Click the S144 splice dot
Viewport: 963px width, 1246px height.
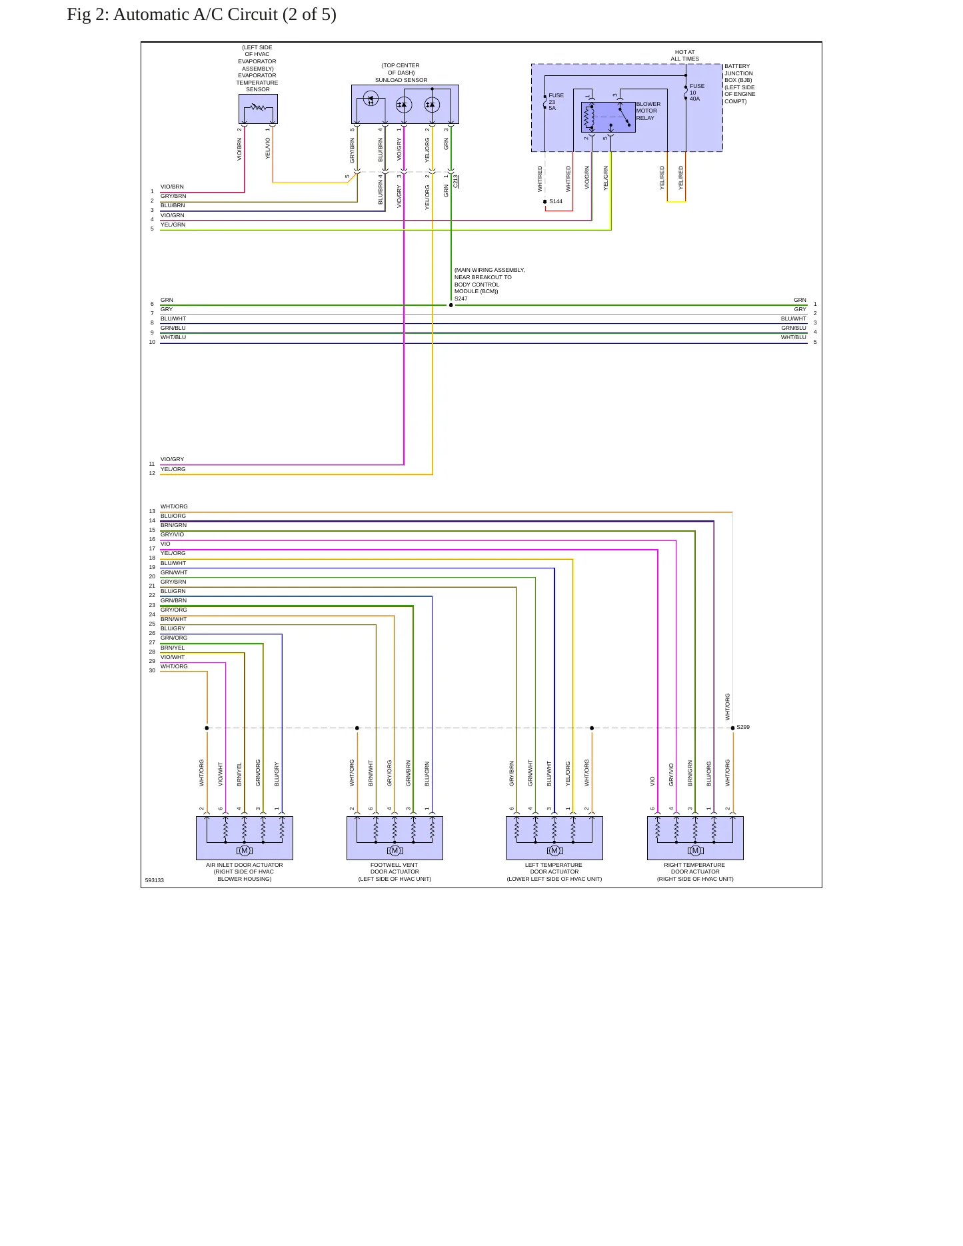point(544,201)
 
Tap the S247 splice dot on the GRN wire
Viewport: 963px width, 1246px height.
point(451,305)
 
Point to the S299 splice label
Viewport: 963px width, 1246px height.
point(743,727)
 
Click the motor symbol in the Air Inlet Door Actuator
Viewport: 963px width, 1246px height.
point(245,850)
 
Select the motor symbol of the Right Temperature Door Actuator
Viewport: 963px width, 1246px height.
point(695,850)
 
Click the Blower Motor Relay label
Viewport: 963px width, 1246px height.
point(648,111)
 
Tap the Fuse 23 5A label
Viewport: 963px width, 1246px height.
point(556,102)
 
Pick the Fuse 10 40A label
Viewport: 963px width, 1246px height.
point(696,93)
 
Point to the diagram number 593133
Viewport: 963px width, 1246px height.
point(155,880)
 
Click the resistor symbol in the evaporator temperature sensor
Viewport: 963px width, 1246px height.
point(258,107)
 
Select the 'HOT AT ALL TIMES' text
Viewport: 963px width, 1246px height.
point(684,55)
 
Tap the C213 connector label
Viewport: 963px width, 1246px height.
point(456,181)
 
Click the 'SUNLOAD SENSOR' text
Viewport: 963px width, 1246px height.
point(401,80)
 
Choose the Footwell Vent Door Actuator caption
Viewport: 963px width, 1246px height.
point(395,872)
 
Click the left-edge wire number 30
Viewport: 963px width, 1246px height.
point(152,670)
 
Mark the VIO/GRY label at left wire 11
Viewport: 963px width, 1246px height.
point(172,459)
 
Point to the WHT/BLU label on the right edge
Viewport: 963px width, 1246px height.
point(794,337)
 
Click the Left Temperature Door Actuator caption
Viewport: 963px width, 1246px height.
point(554,872)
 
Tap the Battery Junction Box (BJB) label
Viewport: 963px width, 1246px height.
point(740,84)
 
